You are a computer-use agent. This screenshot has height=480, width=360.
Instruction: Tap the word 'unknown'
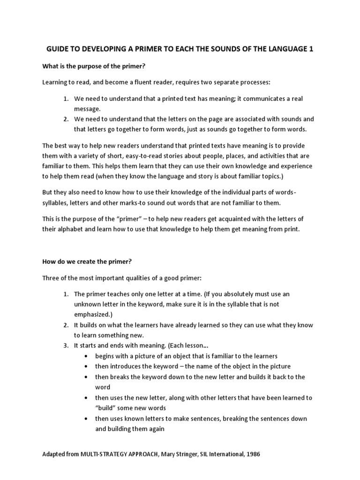click(87, 304)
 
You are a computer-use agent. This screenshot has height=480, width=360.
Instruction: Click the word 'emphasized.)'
click(93, 314)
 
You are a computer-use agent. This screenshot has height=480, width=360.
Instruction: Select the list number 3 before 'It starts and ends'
click(66, 345)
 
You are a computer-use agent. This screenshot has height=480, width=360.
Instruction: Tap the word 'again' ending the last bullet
click(155, 428)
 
